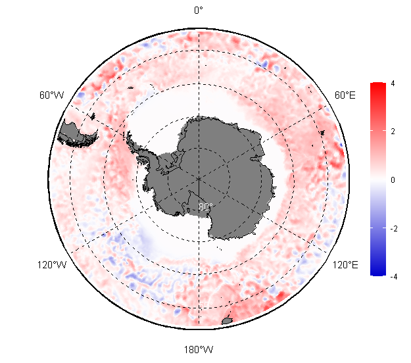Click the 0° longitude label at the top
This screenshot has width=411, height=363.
[x=199, y=11]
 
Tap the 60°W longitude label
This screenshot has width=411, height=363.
[x=52, y=95]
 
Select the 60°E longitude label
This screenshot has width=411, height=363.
[x=345, y=95]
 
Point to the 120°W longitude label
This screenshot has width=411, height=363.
[x=52, y=265]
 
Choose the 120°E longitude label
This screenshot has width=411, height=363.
[x=345, y=265]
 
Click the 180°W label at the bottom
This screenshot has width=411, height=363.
[x=199, y=350]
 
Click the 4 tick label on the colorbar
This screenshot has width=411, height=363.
[x=393, y=84]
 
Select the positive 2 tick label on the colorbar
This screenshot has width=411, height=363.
[x=393, y=132]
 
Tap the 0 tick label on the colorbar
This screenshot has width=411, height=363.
[x=393, y=180]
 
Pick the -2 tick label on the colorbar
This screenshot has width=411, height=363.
[x=394, y=229]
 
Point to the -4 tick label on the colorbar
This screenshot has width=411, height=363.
[x=394, y=276]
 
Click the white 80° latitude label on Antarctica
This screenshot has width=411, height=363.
[x=205, y=206]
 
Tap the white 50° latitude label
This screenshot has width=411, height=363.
[x=206, y=304]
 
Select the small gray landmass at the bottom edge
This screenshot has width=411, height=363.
[x=227, y=321]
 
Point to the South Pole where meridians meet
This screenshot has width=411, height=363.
[x=199, y=178]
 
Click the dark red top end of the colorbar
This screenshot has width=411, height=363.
[x=378, y=84]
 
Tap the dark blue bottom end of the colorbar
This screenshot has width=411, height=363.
[x=378, y=273]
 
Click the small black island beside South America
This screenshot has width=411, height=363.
[x=93, y=116]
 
